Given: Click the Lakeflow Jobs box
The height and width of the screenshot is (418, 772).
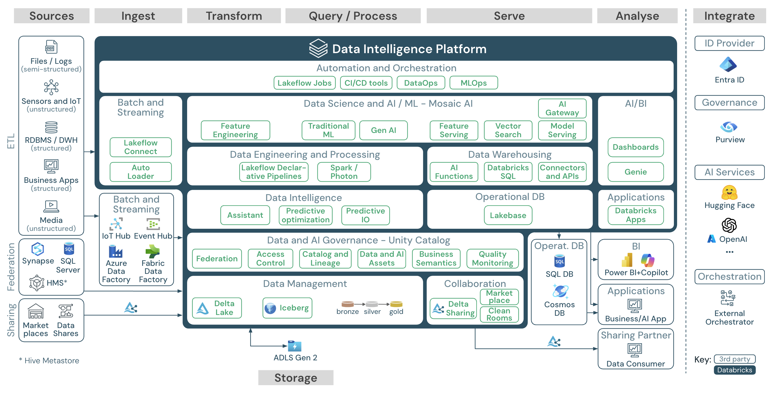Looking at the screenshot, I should coord(304,83).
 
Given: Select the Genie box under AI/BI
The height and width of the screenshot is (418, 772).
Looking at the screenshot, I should coord(635,172).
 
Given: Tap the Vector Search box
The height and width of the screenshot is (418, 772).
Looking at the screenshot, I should coord(508,130).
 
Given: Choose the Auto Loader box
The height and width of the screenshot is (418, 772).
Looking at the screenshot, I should coord(141,172).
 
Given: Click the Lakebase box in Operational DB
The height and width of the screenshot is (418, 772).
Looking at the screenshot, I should coord(508,215).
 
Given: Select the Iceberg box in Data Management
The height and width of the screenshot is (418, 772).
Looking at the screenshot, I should coord(287,307).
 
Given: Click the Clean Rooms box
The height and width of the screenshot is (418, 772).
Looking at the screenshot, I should coord(499,314).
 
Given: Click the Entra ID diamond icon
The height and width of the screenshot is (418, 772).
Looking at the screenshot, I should coord(728,64).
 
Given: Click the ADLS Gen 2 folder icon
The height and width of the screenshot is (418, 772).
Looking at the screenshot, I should coord(295,346).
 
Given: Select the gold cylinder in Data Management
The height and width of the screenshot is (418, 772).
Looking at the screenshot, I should coord(396,304).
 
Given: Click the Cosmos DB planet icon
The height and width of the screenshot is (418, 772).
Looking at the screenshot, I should coord(560,291).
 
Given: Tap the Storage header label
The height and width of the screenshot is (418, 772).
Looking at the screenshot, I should coord(295,378).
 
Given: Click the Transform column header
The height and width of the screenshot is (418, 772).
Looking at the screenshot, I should coord(234,16).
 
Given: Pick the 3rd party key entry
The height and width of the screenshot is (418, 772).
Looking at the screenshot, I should coord(734,359).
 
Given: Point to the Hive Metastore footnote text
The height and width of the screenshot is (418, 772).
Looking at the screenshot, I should coord(49,361).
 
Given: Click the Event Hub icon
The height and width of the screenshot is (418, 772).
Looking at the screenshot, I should coord(153,224).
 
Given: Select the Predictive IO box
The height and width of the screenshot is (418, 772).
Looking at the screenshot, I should coord(365,215).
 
